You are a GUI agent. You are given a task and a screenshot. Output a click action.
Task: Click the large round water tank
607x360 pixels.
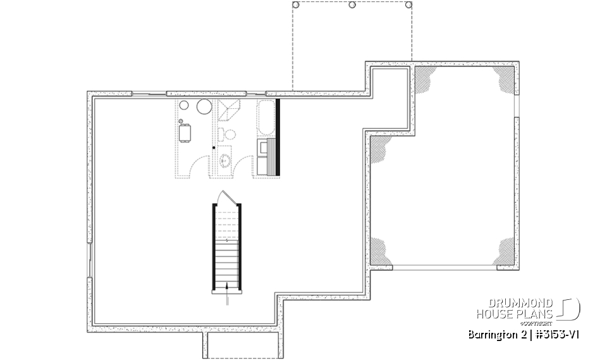click(204, 107)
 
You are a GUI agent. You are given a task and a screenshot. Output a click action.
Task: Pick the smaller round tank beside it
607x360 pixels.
click(184, 106)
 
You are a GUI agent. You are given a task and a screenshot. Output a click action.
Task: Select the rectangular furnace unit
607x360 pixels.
click(185, 133)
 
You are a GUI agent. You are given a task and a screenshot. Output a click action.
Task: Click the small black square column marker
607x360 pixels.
click(214, 147)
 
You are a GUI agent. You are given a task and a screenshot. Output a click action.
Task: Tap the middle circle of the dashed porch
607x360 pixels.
click(352, 4)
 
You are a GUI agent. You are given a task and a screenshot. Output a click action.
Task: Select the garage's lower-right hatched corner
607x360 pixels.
click(506, 251)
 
